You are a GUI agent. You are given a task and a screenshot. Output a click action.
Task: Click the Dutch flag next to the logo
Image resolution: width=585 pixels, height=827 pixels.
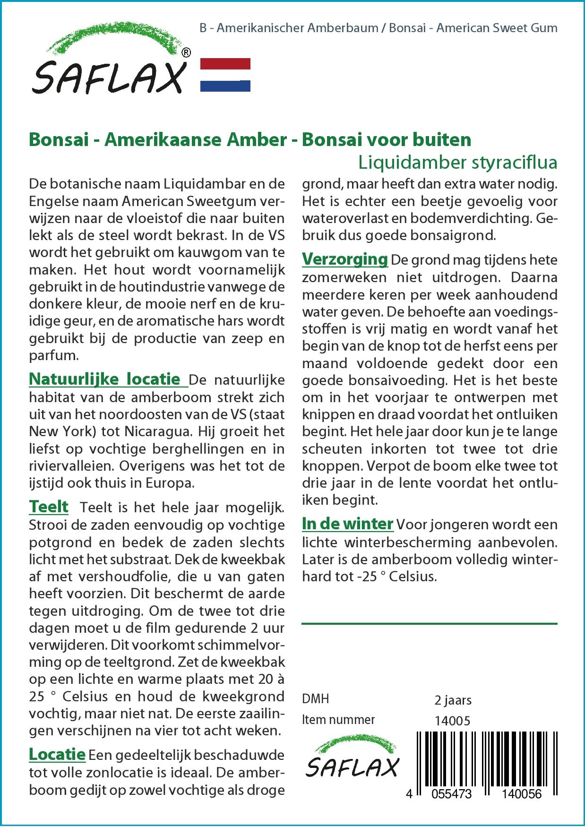point(225,75)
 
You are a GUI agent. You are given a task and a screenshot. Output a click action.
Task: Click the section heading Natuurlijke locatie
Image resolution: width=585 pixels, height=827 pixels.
point(104,379)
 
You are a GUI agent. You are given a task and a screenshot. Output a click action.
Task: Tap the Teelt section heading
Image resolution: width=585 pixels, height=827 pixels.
point(49,507)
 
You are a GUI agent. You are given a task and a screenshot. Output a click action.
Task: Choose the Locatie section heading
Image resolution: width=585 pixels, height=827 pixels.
point(57,754)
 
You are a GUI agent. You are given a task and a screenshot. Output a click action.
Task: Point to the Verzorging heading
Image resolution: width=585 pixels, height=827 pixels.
point(345,259)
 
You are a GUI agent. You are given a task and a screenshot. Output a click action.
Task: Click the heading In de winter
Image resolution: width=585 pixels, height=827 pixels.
point(347,524)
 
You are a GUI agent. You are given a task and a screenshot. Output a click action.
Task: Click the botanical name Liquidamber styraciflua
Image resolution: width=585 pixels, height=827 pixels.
point(457,162)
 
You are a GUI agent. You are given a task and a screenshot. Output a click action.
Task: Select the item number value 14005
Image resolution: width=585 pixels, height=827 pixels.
point(452,720)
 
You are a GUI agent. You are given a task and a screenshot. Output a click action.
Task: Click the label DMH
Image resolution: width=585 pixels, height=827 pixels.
point(315,699)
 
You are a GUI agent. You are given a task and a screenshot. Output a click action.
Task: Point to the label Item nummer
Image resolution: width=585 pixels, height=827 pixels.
point(338,720)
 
